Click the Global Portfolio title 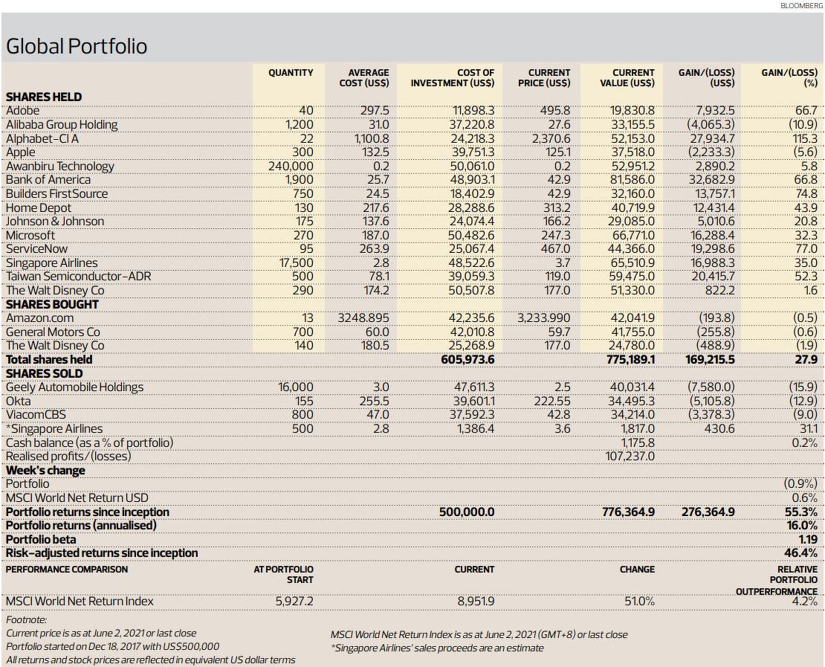77,46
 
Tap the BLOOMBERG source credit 801,5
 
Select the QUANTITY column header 291,73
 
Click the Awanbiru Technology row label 60,167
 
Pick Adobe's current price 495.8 555,111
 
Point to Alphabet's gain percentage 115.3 803,138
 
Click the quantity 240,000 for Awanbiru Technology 291,167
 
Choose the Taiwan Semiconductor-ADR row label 78,277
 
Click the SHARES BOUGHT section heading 52,305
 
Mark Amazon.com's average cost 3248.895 363,318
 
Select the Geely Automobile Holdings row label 74,387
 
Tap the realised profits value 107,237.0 630,456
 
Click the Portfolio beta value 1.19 808,540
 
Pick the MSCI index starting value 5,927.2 294,602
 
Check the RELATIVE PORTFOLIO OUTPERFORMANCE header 777,580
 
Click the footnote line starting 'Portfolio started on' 112,646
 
